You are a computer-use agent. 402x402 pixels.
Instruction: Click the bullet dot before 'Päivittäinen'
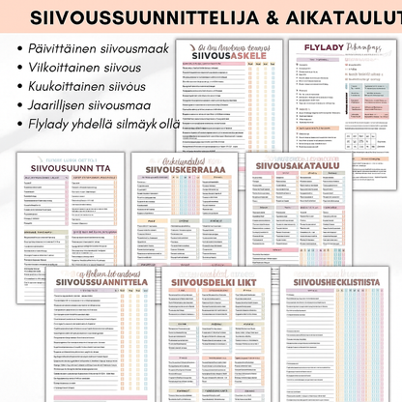pyautogui.click(x=20, y=47)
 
